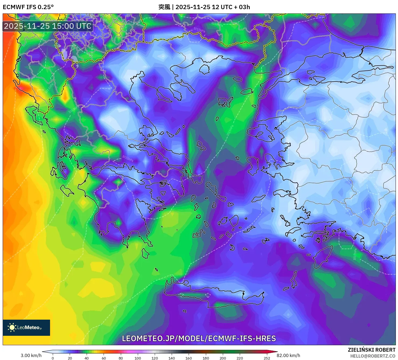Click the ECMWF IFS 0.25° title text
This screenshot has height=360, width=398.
tap(28, 7)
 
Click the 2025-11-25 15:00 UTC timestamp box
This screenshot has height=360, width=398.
tap(48, 26)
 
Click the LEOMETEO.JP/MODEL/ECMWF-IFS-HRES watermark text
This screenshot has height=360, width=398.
tap(199, 338)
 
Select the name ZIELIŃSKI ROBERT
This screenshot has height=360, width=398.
tap(371, 350)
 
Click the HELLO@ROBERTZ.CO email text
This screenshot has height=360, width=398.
tap(373, 356)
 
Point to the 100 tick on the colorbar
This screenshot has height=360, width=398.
tap(138, 358)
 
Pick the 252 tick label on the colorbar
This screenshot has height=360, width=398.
tap(267, 358)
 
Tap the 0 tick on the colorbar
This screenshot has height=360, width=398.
tap(53, 358)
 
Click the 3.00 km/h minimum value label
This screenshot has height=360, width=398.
tap(31, 355)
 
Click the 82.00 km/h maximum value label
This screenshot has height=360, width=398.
tap(288, 355)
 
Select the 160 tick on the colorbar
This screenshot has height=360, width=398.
tap(189, 358)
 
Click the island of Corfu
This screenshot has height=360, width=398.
tap(32, 113)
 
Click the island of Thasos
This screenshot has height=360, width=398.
tap(205, 69)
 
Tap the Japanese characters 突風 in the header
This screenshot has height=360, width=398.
tap(164, 7)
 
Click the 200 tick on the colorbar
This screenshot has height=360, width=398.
tap(223, 358)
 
